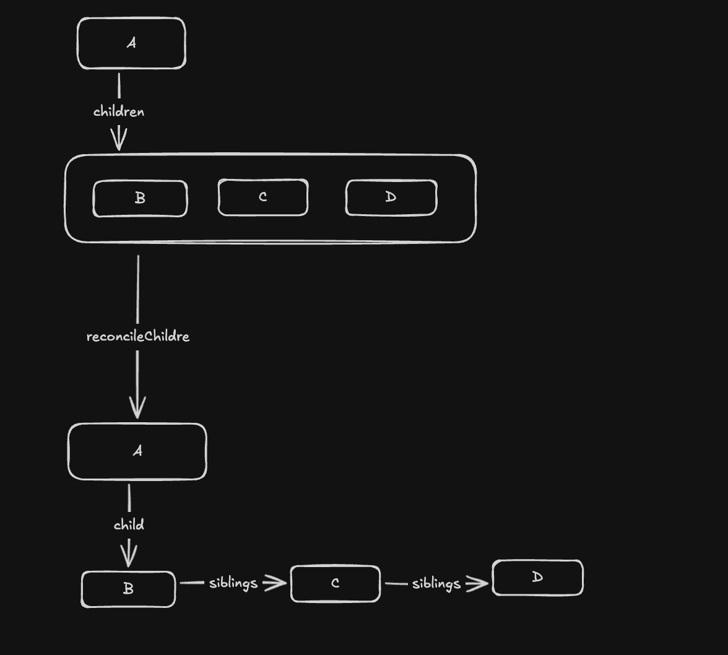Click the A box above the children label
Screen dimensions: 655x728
point(131,43)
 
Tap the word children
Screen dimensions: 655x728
point(119,111)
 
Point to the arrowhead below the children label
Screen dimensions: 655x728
point(119,140)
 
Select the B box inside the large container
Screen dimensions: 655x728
point(140,198)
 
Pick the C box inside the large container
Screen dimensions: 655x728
point(262,197)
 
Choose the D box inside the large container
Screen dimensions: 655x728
point(391,197)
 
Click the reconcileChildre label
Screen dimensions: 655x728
point(138,336)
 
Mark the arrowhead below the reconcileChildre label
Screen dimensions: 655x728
point(137,408)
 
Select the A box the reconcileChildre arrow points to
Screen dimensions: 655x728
point(137,451)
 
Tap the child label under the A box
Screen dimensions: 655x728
point(129,525)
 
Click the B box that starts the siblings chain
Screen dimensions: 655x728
point(128,589)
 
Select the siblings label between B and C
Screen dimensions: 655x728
point(233,583)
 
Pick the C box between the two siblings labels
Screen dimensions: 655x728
point(335,583)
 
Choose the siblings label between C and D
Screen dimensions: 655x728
point(436,583)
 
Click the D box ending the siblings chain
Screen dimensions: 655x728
point(537,578)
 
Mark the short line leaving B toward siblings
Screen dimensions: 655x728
point(192,583)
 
